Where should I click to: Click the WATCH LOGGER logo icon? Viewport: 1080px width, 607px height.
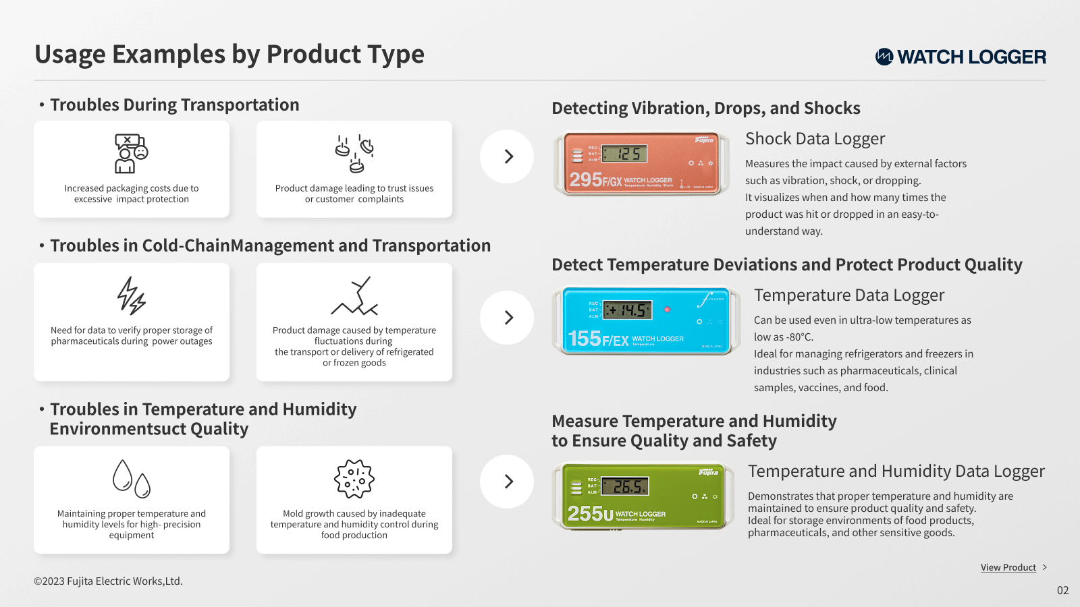884,57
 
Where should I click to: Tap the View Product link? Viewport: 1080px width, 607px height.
1008,567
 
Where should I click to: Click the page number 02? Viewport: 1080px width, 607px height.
1062,590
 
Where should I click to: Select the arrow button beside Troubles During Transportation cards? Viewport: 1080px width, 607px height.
507,156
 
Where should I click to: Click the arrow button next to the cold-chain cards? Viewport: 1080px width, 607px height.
507,318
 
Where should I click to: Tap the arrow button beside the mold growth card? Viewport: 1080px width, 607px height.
507,482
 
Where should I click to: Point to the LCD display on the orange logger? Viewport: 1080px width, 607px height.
624,154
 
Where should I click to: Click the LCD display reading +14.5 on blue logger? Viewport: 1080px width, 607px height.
628,310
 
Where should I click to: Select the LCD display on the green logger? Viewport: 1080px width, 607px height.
625,486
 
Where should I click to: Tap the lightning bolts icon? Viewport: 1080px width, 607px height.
131,296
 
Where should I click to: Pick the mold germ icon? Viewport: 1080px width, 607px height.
354,478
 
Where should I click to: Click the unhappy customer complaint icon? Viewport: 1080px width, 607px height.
131,153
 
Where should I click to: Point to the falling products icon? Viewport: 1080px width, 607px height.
354,153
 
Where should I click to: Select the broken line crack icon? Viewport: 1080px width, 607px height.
354,296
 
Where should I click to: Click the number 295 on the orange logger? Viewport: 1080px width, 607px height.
586,179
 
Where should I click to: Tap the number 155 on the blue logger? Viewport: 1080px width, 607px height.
585,338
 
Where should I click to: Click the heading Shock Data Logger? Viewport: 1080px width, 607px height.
815,139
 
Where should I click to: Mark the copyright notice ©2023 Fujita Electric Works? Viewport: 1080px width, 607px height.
108,581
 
